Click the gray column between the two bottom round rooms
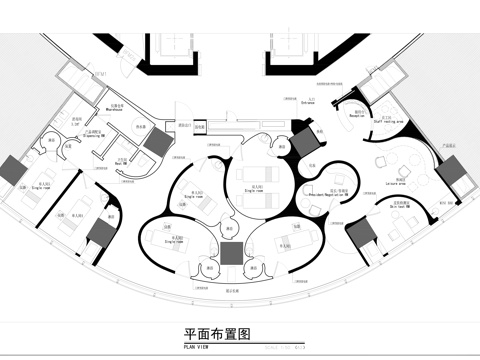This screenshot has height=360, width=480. pos(231,252)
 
